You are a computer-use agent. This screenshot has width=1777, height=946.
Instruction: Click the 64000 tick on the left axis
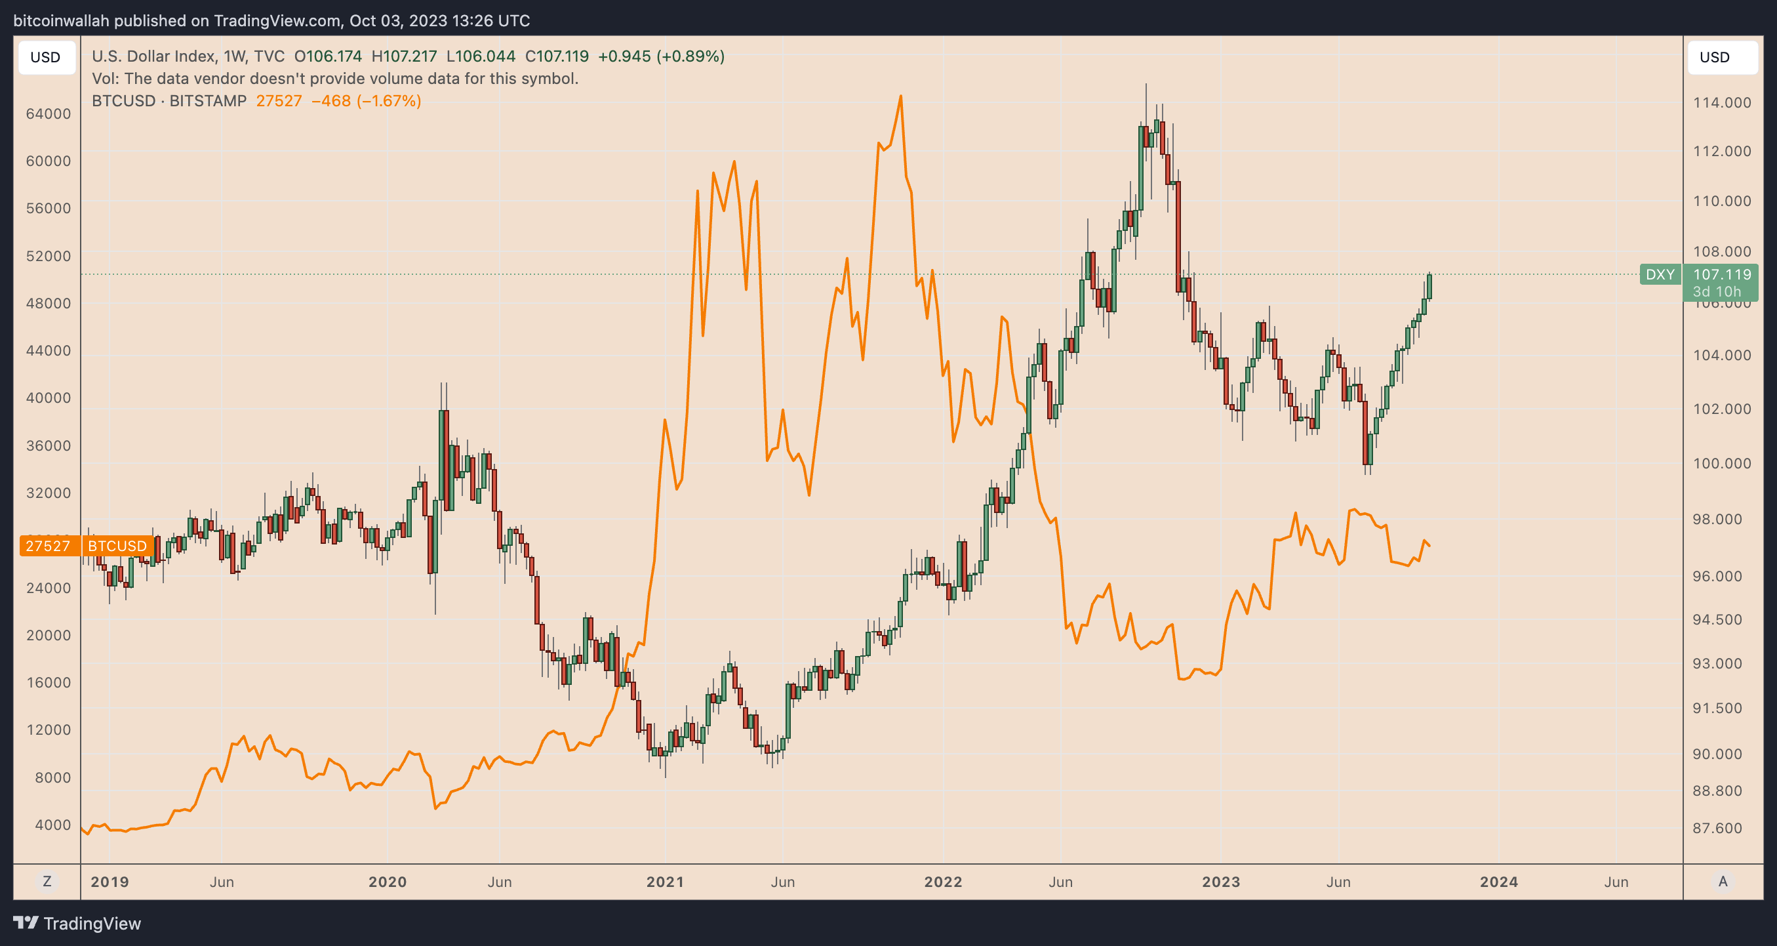(49, 114)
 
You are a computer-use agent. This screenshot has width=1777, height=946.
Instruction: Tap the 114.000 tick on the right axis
(1722, 103)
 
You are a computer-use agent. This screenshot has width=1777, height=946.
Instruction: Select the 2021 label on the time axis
(665, 882)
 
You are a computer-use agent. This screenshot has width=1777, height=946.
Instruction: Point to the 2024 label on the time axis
(1498, 882)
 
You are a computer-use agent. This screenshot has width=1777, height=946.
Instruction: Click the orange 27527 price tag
(49, 546)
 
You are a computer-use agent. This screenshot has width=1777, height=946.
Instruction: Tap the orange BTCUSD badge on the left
(117, 546)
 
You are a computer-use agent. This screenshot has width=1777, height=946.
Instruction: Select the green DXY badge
(1660, 275)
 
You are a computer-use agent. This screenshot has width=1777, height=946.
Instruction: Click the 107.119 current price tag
(1722, 275)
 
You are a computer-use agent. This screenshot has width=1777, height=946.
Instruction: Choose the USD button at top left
(45, 57)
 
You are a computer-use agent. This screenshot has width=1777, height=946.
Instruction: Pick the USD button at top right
(1714, 57)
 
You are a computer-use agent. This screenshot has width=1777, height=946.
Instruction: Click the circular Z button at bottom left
(47, 881)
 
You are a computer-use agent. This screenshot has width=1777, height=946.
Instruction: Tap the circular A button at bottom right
(1723, 881)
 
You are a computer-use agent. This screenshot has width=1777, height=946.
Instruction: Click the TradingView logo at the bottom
(77, 923)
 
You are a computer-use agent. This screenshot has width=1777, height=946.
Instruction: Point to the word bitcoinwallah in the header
(62, 21)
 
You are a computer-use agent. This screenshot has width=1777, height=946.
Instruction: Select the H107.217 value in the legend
(404, 56)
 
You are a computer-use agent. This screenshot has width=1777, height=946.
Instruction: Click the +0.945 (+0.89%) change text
(661, 56)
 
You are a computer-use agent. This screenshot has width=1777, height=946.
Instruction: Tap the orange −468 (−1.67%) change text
(367, 101)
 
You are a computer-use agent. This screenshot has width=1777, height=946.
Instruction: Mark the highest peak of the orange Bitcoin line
(900, 96)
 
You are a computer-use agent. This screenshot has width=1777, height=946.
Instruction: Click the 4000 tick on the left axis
(52, 825)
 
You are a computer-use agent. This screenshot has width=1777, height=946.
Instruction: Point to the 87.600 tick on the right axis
(1717, 828)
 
